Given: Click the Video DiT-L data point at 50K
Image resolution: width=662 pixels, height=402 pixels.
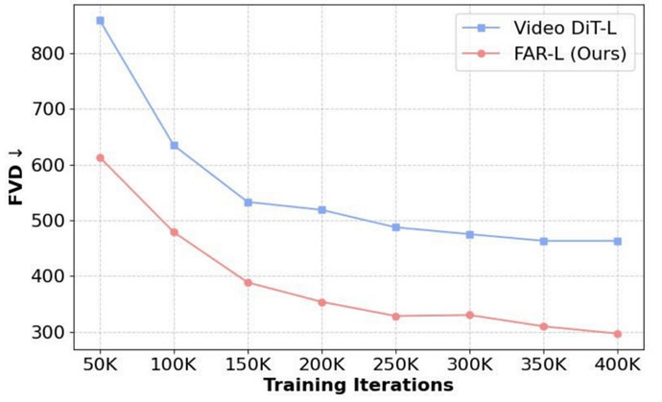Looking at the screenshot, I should [100, 20].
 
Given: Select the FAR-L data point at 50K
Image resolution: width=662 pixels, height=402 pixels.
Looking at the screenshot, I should [100, 157].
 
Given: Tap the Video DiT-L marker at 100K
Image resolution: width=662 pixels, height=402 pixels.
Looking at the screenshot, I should [174, 145].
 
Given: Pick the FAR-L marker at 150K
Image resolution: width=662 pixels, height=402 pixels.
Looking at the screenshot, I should [248, 282].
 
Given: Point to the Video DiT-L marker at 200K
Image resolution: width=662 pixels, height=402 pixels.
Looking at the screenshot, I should [321, 209].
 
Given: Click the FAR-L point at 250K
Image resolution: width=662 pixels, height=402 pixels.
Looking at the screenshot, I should [395, 316].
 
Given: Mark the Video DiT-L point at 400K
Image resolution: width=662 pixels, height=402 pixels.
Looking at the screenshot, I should [617, 241].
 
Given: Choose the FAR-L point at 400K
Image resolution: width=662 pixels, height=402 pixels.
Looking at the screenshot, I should [617, 334].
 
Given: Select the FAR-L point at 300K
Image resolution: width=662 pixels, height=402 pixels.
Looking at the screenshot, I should [469, 315].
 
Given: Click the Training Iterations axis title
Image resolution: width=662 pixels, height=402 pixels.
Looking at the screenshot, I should [358, 386].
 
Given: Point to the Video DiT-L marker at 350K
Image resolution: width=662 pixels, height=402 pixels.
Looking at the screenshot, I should [543, 241].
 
